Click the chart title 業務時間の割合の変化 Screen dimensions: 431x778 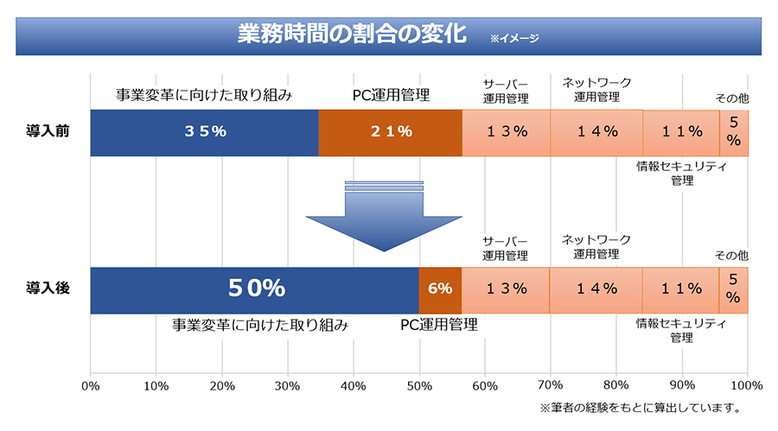pyautogui.click(x=352, y=35)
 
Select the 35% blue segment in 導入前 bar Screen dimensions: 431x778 pyautogui.click(x=205, y=132)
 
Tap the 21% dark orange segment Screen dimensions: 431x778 pyautogui.click(x=390, y=132)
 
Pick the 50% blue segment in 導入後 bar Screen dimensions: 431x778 pyautogui.click(x=255, y=289)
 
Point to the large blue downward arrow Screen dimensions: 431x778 pyautogui.click(x=385, y=216)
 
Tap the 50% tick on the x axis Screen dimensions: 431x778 pyautogui.click(x=419, y=385)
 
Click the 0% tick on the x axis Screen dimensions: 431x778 pyautogui.click(x=90, y=385)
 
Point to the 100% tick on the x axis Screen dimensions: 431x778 pyautogui.click(x=747, y=385)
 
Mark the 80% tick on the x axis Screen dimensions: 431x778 pyautogui.click(x=616, y=385)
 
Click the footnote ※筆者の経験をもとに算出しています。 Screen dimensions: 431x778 pyautogui.click(x=640, y=407)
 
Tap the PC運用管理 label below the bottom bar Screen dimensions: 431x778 pyautogui.click(x=438, y=326)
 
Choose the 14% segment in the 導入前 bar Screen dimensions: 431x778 pyautogui.click(x=596, y=132)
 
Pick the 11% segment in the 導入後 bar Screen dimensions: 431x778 pyautogui.click(x=681, y=289)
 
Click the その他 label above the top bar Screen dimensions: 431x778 pyautogui.click(x=731, y=98)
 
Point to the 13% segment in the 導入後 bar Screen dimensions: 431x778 pyautogui.click(x=506, y=289)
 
